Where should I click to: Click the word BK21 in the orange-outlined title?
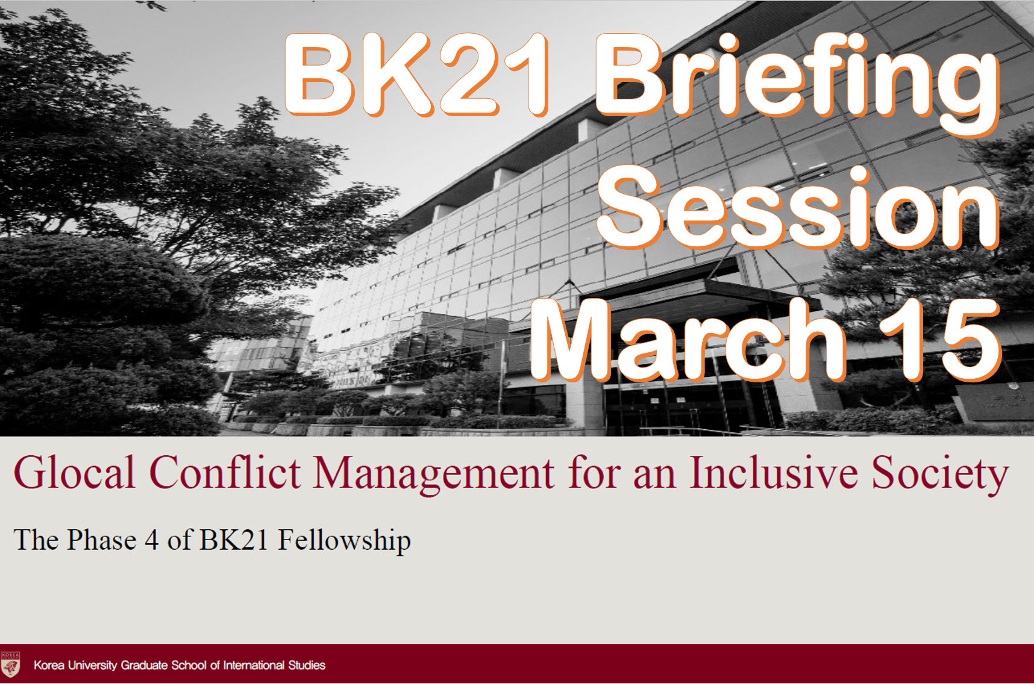tap(416, 74)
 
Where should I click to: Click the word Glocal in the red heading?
tap(75, 472)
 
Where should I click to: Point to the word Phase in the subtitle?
tap(102, 539)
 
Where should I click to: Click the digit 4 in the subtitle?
tap(152, 540)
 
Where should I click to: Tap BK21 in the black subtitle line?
tap(233, 540)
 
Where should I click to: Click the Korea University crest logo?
tap(10, 665)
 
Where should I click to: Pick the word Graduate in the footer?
tap(145, 665)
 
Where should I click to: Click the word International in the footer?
tap(254, 665)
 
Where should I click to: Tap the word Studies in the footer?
tap(307, 665)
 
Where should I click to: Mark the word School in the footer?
tap(189, 665)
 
